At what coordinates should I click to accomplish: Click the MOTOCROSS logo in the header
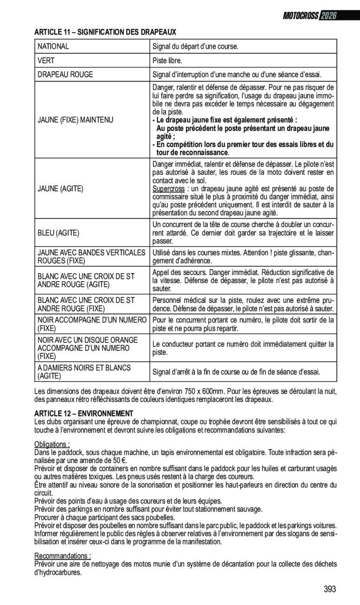click(x=301, y=16)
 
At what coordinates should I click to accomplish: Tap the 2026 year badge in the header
click(x=328, y=16)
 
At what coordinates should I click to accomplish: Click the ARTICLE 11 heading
click(x=105, y=32)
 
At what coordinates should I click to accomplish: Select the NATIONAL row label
click(x=53, y=47)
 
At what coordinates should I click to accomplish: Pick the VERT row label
click(x=46, y=60)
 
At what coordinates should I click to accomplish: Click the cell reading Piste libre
click(x=167, y=60)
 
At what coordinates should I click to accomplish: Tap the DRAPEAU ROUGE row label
click(x=65, y=74)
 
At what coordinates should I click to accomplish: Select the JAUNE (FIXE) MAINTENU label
click(x=75, y=120)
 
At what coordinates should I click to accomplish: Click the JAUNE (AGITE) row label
click(x=61, y=188)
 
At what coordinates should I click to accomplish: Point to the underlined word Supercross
click(x=168, y=188)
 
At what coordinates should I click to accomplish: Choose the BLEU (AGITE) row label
click(x=58, y=232)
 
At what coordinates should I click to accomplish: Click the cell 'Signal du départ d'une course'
click(x=196, y=47)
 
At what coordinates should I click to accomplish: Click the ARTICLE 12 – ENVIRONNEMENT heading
click(x=84, y=413)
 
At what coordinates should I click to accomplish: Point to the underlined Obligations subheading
click(x=52, y=444)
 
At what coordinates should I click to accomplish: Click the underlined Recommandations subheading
click(x=62, y=556)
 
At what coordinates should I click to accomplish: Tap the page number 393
click(x=330, y=589)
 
